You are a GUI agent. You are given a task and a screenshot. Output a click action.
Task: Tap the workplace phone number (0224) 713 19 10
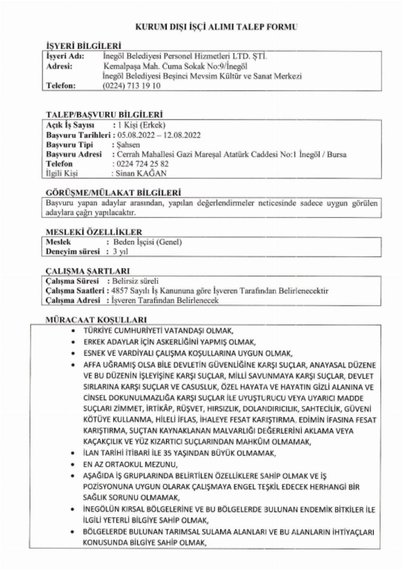131,85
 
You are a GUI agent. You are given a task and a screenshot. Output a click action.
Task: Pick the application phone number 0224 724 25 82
142,163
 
